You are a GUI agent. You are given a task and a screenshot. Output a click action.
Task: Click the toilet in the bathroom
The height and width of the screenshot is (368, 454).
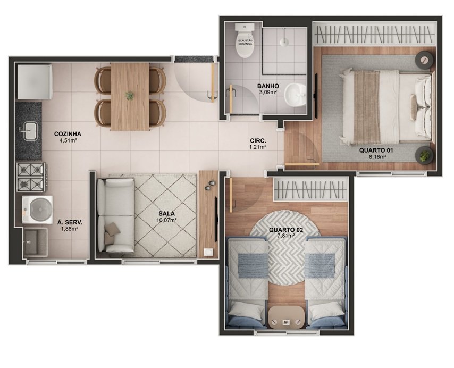coord(245,40)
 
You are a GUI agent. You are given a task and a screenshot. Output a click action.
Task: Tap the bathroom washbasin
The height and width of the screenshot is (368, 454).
coord(295,95)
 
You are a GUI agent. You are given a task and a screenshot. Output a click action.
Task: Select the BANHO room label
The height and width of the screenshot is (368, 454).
coord(268,86)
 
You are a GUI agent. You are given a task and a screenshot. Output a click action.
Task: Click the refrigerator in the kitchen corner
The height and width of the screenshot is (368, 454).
coord(35,82)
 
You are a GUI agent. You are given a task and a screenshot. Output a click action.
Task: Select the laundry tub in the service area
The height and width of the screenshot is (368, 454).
coord(36,242)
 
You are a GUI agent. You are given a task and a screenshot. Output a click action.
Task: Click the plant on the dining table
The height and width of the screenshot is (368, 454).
coord(129,96)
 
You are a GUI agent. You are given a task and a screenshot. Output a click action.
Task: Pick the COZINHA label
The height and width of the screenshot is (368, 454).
coord(68,134)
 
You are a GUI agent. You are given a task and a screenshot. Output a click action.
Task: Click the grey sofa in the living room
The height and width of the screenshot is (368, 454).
coord(115,215)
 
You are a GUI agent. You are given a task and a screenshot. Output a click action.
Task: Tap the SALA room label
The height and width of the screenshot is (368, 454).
coord(166,214)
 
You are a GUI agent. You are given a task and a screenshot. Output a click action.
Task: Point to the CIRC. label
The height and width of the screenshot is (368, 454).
coord(258,141)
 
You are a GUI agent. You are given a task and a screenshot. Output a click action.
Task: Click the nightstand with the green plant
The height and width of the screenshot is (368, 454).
coord(424,156)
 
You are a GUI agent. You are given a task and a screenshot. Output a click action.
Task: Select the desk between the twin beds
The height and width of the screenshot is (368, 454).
coord(286,317)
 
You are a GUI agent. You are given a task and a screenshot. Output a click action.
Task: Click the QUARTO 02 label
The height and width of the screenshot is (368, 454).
coord(286,230)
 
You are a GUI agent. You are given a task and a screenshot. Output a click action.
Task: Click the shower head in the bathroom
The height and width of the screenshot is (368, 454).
coord(284,41)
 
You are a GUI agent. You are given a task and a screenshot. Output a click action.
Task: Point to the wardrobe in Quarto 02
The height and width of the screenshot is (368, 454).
coord(310,189)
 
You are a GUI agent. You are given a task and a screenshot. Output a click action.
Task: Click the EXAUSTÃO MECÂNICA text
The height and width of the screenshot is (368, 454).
coord(245,42)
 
